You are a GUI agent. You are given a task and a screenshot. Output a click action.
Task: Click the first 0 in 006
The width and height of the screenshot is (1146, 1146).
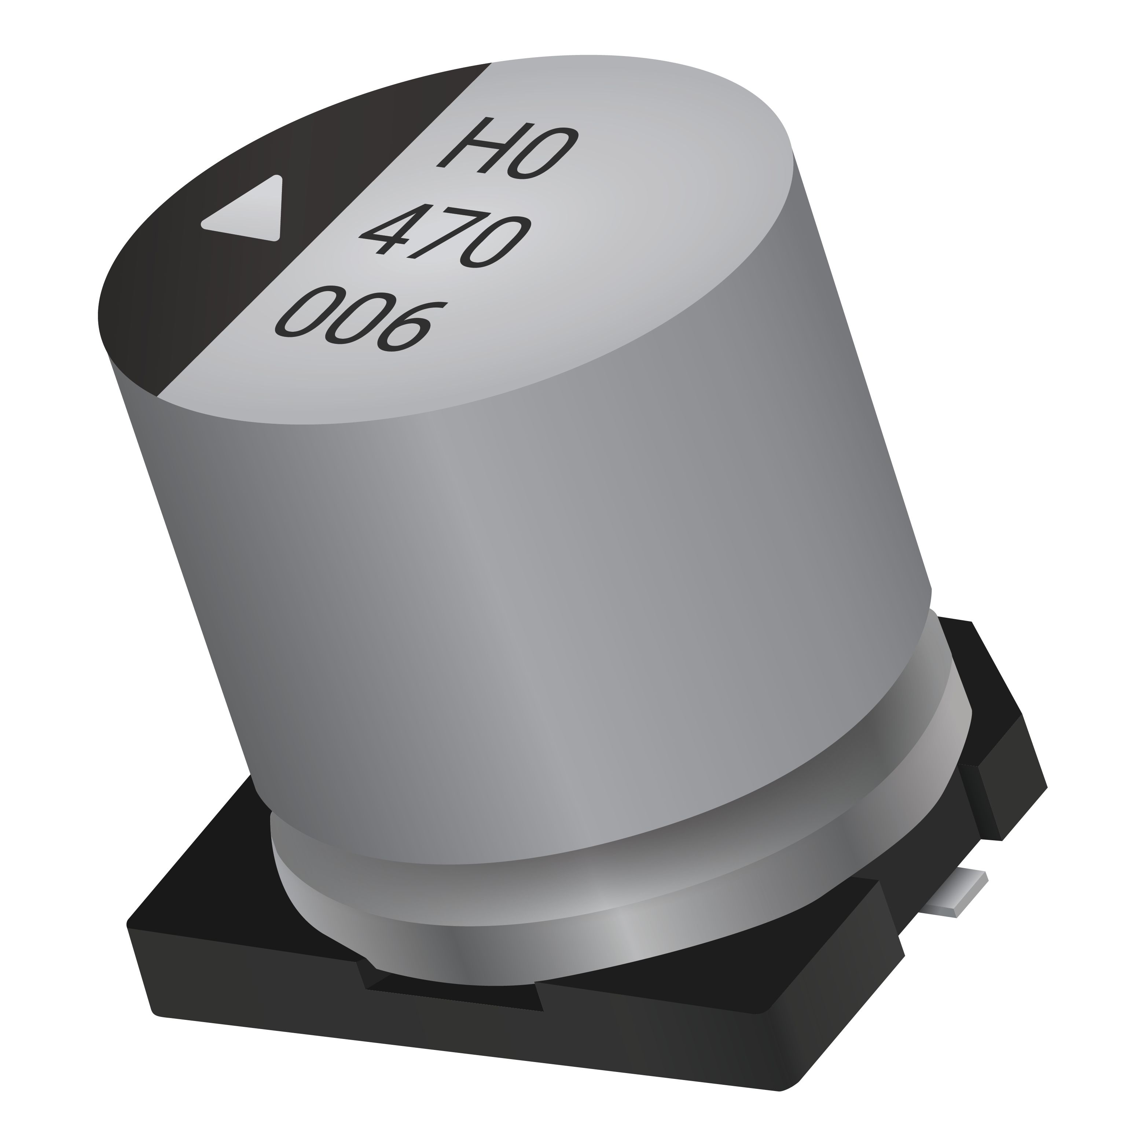tap(308, 311)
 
